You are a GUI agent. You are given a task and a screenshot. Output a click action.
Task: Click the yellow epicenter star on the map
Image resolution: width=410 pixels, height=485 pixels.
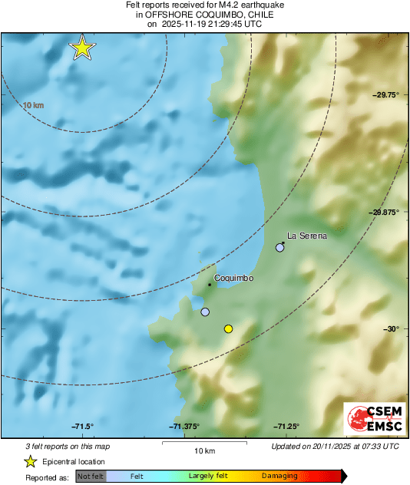(x=82, y=48)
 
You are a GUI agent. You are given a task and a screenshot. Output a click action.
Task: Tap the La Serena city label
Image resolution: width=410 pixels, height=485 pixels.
(x=307, y=236)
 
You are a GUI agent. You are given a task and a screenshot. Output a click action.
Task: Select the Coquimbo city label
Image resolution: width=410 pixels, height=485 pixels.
(x=233, y=279)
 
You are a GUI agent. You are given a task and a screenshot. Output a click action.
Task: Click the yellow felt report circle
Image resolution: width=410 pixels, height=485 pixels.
(x=228, y=329)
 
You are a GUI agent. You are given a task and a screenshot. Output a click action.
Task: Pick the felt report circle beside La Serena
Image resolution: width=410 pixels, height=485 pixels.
(x=280, y=248)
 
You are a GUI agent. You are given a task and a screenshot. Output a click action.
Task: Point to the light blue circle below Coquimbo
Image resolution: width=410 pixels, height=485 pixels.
(x=205, y=312)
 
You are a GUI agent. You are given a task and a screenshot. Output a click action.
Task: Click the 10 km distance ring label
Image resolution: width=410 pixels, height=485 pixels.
(x=33, y=105)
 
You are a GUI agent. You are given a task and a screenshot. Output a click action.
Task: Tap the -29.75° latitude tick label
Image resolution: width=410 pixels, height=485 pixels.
(x=385, y=95)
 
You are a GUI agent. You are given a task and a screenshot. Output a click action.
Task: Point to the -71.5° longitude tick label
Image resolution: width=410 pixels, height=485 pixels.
(x=82, y=427)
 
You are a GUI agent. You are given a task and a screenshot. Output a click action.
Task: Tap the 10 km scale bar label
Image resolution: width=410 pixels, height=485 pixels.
(x=203, y=450)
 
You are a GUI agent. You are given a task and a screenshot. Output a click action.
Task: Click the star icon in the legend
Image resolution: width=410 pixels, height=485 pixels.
(x=30, y=462)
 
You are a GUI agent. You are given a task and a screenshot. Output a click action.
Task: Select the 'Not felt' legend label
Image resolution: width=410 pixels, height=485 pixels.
(x=90, y=477)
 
